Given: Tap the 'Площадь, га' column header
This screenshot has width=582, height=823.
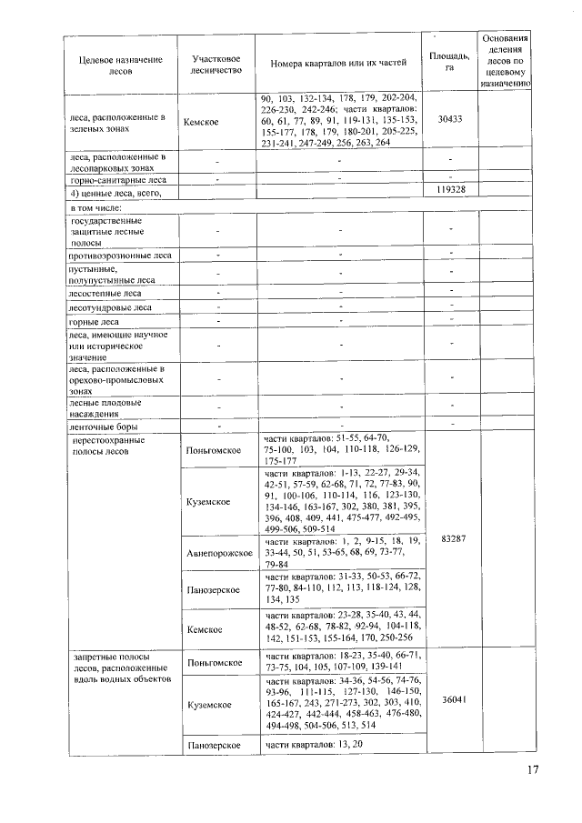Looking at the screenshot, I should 450,60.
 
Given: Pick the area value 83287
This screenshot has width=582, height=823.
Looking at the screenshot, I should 451,539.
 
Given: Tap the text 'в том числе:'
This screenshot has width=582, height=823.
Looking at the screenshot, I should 95,208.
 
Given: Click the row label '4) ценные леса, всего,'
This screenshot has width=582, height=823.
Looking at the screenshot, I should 112,194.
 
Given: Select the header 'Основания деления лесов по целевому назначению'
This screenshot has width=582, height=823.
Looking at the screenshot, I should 505,60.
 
